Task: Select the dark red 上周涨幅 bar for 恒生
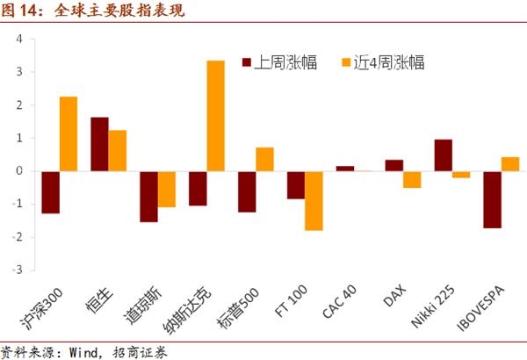pyautogui.click(x=99, y=144)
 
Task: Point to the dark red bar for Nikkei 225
pyautogui.click(x=443, y=155)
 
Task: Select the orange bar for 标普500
pyautogui.click(x=264, y=159)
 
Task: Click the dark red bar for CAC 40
pyautogui.click(x=344, y=169)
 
